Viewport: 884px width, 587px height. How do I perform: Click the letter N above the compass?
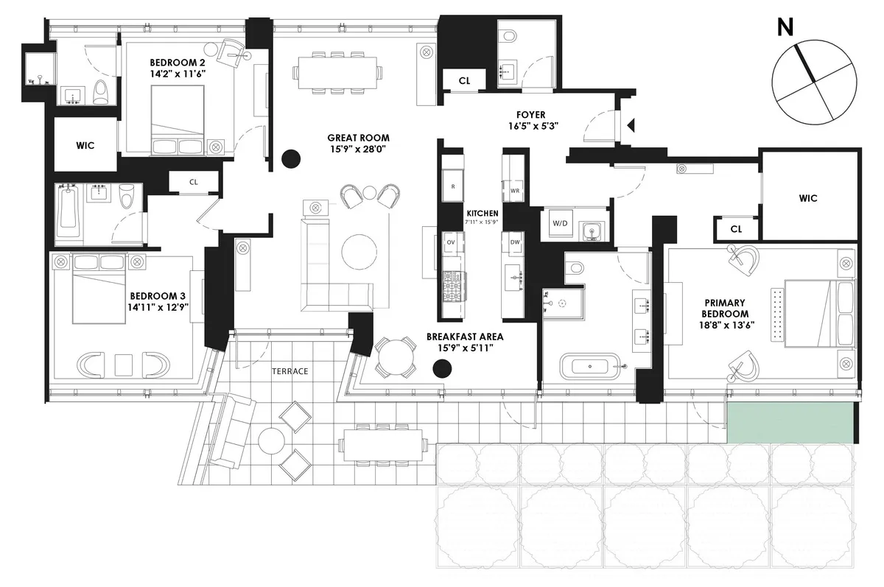(x=786, y=28)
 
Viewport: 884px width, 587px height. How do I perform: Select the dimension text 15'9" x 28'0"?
(x=359, y=151)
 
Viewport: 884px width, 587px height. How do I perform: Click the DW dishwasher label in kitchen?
(x=515, y=242)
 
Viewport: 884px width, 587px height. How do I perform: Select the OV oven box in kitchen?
(x=451, y=242)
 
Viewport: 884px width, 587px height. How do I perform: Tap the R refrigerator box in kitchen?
(x=452, y=186)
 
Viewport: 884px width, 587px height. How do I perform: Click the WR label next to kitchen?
(x=515, y=190)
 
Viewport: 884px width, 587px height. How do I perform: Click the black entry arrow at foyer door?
(x=630, y=127)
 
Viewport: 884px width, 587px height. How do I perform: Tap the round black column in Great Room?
(x=292, y=158)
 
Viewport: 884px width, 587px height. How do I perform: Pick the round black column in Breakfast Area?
(x=442, y=368)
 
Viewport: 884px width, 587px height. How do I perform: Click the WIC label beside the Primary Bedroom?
(x=807, y=198)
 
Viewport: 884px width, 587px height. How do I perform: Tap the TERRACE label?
(x=290, y=371)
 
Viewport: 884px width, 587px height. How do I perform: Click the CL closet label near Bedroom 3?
(x=194, y=181)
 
